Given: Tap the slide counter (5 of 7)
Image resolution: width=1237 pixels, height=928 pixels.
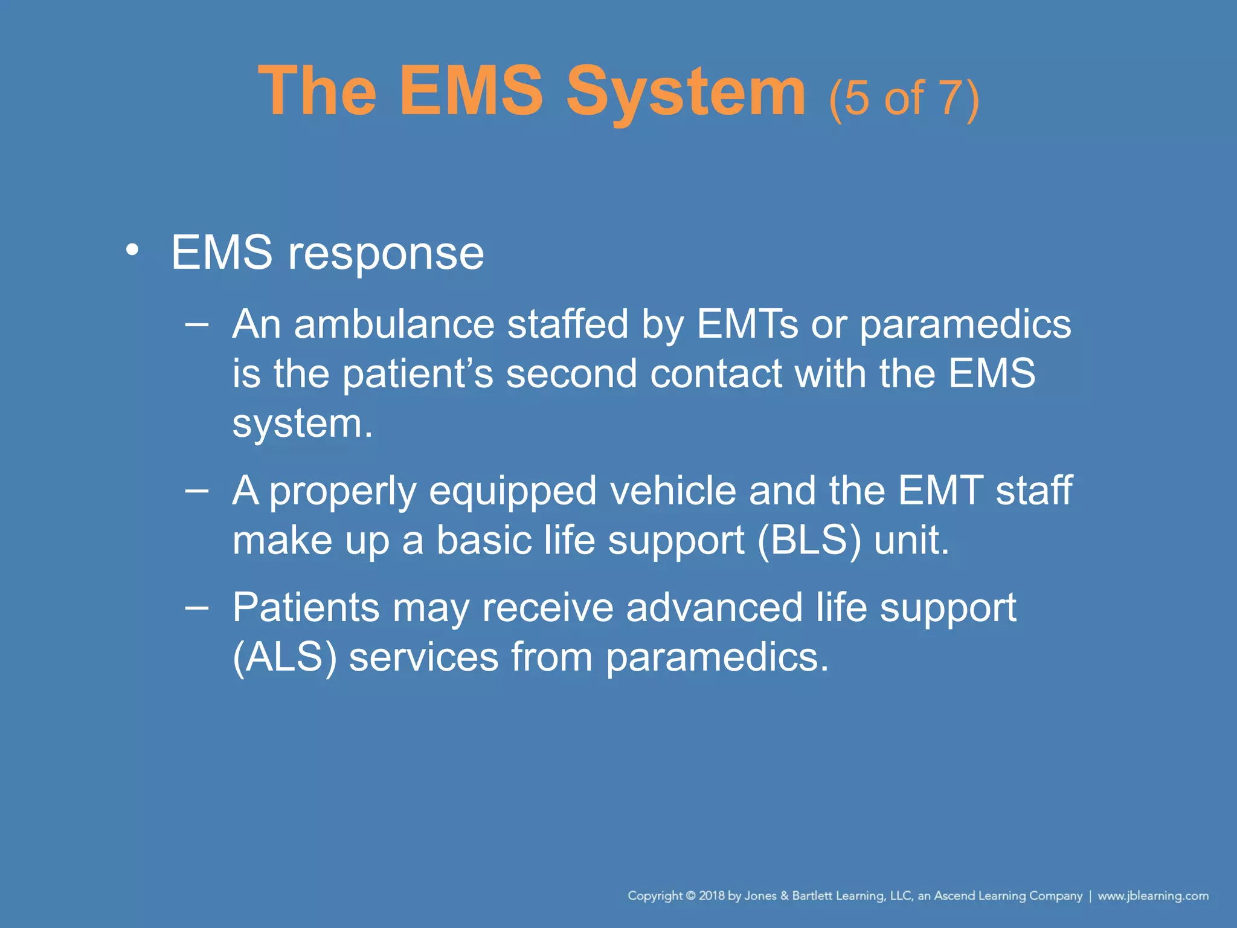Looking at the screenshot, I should [x=904, y=98].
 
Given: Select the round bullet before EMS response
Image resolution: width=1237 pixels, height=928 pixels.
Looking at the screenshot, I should [x=132, y=250].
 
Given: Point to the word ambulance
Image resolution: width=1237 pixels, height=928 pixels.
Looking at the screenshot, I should [x=394, y=324].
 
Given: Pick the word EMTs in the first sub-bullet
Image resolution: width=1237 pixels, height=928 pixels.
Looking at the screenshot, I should [x=747, y=324].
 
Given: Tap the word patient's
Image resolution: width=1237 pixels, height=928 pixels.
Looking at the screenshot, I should [x=417, y=373].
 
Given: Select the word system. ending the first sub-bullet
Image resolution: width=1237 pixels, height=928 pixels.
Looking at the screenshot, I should [x=303, y=424].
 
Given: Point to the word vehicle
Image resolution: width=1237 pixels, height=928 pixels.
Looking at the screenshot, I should [x=673, y=491].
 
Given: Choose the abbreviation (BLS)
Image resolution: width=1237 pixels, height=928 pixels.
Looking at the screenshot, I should [x=809, y=540].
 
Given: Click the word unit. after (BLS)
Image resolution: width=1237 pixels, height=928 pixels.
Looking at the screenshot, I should [x=911, y=540].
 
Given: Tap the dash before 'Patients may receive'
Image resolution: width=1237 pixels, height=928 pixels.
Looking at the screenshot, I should [x=197, y=607].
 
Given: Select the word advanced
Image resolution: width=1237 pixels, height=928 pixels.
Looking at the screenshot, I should [x=714, y=607].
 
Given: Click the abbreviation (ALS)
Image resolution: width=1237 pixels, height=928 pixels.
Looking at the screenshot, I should [x=284, y=657].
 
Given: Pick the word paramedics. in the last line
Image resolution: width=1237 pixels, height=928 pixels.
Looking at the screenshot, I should [x=717, y=657].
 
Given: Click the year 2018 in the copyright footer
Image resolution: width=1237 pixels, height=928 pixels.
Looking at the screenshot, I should [x=712, y=895].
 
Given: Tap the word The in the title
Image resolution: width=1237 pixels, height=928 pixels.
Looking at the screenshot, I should [x=318, y=92].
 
